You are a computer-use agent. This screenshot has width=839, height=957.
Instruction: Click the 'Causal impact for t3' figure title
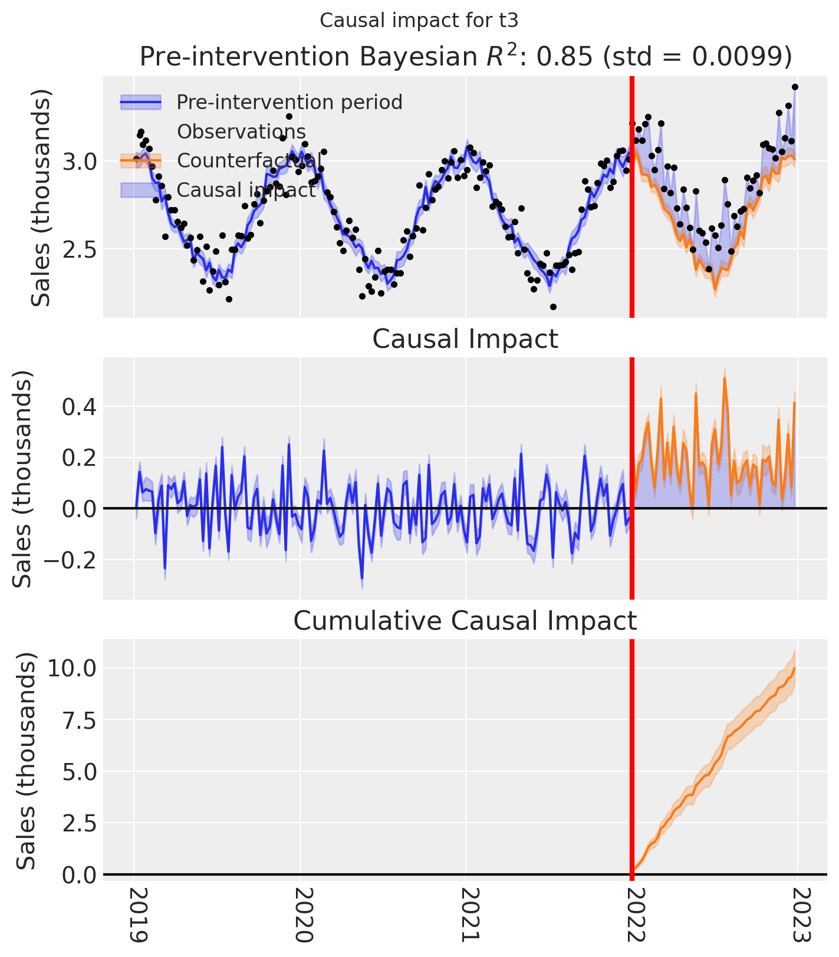(419, 21)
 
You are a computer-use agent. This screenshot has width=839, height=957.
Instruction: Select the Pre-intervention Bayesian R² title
(465, 57)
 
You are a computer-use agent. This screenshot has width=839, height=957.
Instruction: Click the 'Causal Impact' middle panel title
(465, 340)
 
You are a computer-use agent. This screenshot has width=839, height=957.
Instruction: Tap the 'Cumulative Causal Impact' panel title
(465, 621)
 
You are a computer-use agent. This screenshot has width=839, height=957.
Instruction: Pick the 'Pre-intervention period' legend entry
(289, 102)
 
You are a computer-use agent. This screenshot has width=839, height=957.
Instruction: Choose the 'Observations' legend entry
(241, 131)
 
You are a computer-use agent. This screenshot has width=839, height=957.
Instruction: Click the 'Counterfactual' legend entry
(249, 160)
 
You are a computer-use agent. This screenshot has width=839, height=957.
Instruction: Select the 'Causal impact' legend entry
(246, 190)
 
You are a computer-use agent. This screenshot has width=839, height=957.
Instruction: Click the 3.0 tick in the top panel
(79, 162)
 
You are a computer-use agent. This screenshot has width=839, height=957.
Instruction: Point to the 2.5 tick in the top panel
(79, 249)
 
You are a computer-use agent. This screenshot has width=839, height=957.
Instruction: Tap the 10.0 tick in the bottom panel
(73, 668)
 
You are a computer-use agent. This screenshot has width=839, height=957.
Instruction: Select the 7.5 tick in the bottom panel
(79, 720)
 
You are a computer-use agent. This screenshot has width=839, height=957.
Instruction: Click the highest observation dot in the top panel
(795, 87)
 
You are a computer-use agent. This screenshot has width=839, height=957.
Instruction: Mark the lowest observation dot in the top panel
(553, 307)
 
